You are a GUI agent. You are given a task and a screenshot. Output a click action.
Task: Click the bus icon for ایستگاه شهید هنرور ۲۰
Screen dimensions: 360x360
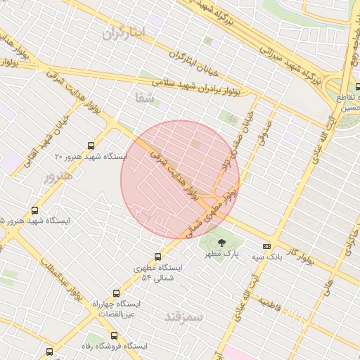90,146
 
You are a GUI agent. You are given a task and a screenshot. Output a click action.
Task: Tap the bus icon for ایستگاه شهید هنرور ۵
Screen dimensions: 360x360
35,210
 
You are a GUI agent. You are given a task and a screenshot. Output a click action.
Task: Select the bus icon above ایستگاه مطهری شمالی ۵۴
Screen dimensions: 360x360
157,257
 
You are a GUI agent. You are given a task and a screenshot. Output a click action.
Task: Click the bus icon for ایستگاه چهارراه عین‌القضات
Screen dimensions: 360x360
115,293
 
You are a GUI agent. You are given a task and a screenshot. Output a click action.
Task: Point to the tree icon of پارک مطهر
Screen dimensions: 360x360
223,243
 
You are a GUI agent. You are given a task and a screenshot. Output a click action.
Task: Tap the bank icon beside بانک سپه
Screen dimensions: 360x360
266,246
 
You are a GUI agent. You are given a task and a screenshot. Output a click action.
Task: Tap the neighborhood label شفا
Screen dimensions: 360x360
145,98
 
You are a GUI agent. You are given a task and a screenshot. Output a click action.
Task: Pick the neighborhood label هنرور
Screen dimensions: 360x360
58,176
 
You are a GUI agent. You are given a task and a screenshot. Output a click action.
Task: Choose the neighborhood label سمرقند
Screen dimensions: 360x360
184,317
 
